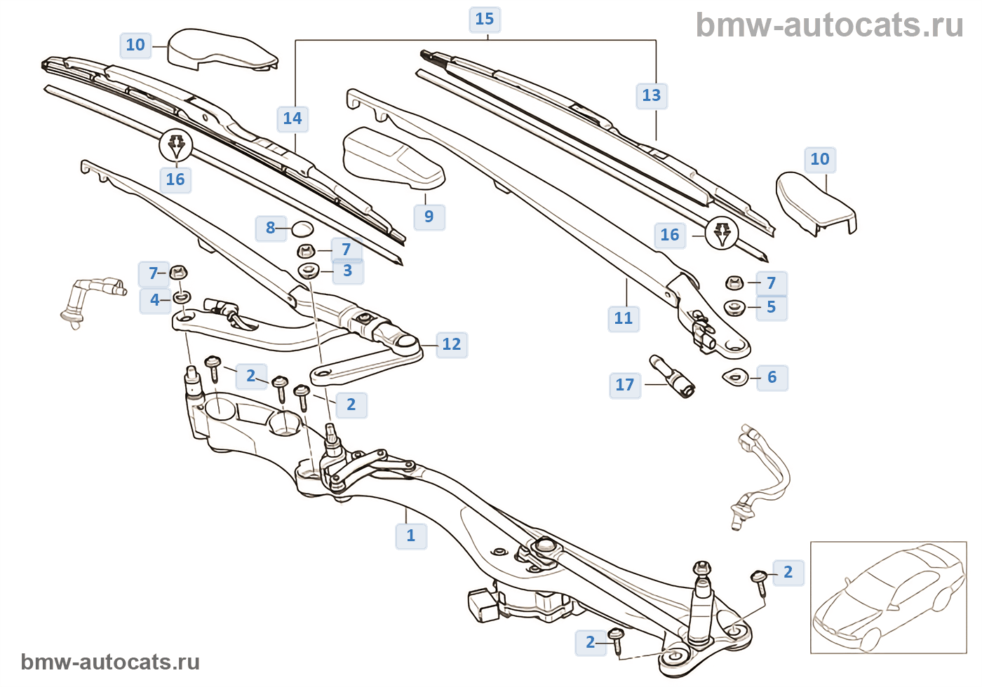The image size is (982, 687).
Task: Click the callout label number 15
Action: pos(485,19)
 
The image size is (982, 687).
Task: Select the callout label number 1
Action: pos(411,536)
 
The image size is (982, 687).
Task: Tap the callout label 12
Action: pos(451,344)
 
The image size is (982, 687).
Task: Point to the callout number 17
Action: pos(624,385)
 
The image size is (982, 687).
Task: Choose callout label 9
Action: pos(429,217)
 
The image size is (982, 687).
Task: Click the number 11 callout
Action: pos(624,318)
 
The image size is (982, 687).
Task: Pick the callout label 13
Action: pos(652,95)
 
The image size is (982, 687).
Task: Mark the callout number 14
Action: pos(292,118)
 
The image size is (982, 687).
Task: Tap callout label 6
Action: pos(772,377)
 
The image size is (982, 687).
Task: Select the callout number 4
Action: pos(155,300)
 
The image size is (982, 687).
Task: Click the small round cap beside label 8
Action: pos(302,229)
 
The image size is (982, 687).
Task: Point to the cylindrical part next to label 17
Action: pos(672,376)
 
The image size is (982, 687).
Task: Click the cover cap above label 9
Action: pos(393,158)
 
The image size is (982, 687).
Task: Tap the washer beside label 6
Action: pos(734,377)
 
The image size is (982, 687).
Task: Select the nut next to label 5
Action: pos(734,307)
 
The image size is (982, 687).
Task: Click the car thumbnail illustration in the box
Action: pos(888,597)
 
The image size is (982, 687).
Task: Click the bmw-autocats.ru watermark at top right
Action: pos(829,25)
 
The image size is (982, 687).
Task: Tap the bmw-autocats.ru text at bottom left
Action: pos(110,662)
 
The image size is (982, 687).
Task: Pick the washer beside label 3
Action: pos(309,271)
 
